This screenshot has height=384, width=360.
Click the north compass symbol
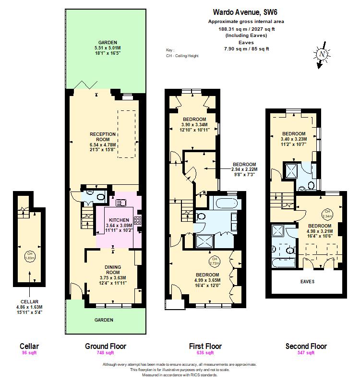tap(323, 55)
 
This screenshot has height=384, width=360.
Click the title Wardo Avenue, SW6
tap(246, 12)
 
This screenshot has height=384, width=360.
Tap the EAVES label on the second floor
tap(307, 281)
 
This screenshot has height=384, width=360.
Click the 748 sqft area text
tap(106, 353)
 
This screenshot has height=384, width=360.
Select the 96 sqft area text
tap(29, 353)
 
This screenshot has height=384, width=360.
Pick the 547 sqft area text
tap(306, 353)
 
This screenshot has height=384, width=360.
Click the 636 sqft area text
tap(205, 353)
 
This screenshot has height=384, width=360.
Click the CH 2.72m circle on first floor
tap(215, 262)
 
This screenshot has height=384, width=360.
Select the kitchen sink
tap(120, 202)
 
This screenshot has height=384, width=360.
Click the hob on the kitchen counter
tap(137, 220)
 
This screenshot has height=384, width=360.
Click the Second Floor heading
tap(306, 346)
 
